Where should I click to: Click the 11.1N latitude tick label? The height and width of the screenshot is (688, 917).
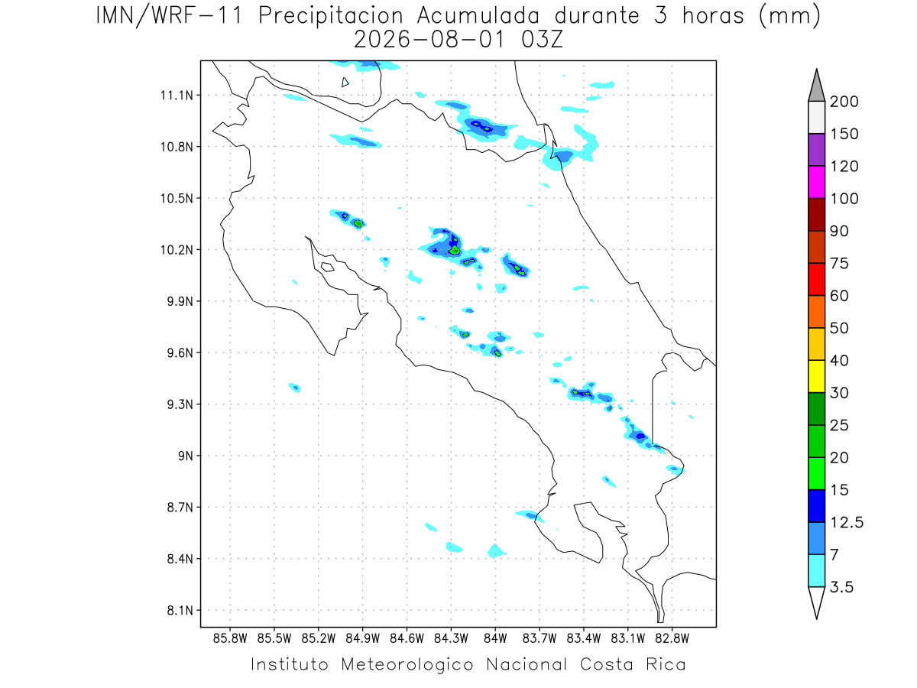pyautogui.click(x=177, y=96)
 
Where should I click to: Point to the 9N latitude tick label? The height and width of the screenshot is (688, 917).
pyautogui.click(x=186, y=456)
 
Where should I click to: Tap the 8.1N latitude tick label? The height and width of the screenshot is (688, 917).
pyautogui.click(x=180, y=611)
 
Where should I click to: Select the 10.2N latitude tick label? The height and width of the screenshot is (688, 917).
pyautogui.click(x=177, y=250)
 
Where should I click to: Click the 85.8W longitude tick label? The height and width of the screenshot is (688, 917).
pyautogui.click(x=230, y=639)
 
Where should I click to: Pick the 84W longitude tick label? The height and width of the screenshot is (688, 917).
pyautogui.click(x=495, y=639)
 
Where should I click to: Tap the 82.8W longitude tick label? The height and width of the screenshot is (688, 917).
pyautogui.click(x=672, y=639)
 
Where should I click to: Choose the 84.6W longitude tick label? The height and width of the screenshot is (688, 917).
pyautogui.click(x=407, y=639)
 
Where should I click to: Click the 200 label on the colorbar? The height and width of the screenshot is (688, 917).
pyautogui.click(x=844, y=102)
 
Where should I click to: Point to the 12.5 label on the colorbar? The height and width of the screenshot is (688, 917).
pyautogui.click(x=847, y=523)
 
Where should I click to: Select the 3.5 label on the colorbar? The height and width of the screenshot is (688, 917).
pyautogui.click(x=841, y=587)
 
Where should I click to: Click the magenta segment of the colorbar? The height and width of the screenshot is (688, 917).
pyautogui.click(x=816, y=182)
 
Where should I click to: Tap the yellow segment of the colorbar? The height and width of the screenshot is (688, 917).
pyautogui.click(x=816, y=376)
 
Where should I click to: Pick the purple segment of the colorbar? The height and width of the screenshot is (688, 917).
pyautogui.click(x=816, y=150)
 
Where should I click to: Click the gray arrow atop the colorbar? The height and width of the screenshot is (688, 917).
pyautogui.click(x=816, y=86)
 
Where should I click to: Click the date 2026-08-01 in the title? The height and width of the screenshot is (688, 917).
pyautogui.click(x=429, y=40)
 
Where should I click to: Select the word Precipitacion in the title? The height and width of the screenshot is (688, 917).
pyautogui.click(x=331, y=16)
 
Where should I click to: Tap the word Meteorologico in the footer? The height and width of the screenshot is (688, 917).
pyautogui.click(x=407, y=665)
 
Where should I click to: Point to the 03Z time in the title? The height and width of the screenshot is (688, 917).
pyautogui.click(x=542, y=40)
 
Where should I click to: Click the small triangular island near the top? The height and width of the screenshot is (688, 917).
pyautogui.click(x=344, y=83)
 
